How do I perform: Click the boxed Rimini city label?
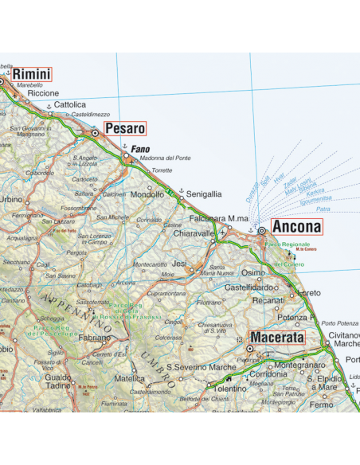31,75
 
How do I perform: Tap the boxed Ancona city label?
296,227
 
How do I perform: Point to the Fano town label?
140,149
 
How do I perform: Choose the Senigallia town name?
204,193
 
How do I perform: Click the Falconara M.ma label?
219,218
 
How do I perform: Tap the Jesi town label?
180,263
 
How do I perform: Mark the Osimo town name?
252,272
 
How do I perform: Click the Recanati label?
268,300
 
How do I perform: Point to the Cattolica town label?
69,104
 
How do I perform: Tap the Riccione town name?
43,93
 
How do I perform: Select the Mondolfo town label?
147,194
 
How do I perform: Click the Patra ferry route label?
323,209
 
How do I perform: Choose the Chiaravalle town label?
195,233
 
